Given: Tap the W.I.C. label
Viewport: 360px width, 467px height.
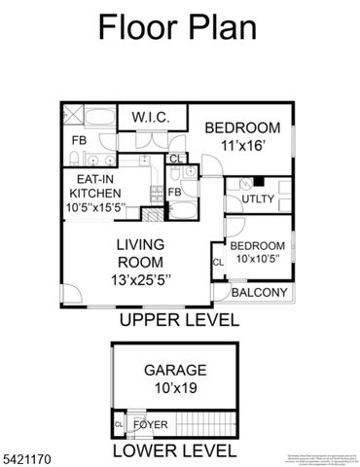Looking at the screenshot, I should coord(151,118).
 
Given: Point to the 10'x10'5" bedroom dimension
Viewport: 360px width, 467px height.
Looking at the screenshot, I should coord(257,257).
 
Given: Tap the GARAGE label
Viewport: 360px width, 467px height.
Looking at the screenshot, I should coord(175,370).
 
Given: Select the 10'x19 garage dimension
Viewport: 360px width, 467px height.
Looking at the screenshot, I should coord(175,387).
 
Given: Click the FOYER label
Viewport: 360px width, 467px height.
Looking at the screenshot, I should coord(150,425).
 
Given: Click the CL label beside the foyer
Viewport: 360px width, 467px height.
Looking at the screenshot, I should coord(119,425).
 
